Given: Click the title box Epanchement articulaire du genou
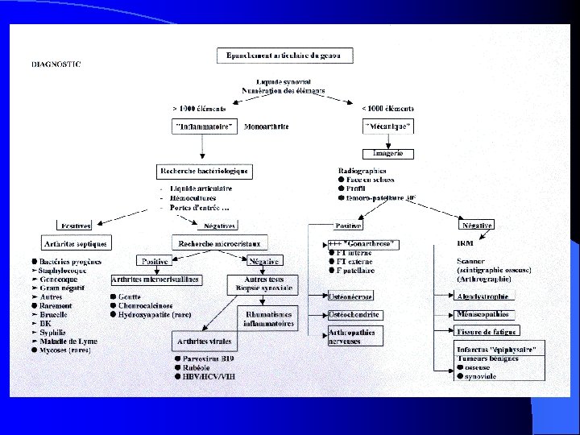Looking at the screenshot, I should pyautogui.click(x=284, y=56).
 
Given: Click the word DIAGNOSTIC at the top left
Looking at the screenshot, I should pyautogui.click(x=56, y=64).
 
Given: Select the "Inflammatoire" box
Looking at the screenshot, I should pyautogui.click(x=204, y=126).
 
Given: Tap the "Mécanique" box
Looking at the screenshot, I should pyautogui.click(x=388, y=126).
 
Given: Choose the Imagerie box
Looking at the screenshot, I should pyautogui.click(x=394, y=153).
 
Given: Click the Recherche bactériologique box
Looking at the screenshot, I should pyautogui.click(x=205, y=172).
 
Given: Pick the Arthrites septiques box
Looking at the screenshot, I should pyautogui.click(x=75, y=242).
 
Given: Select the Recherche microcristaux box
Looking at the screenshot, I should pyautogui.click(x=221, y=242).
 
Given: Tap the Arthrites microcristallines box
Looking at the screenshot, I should pyautogui.click(x=156, y=280).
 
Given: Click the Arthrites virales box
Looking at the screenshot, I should pyautogui.click(x=200, y=342).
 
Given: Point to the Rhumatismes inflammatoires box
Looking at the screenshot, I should pyautogui.click(x=268, y=317).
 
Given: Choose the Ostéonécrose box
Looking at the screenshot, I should pyautogui.click(x=350, y=296).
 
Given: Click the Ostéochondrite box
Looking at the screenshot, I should pyautogui.click(x=354, y=314).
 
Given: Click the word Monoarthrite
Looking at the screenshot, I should pyautogui.click(x=266, y=126).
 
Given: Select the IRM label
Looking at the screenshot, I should pyautogui.click(x=466, y=242).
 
